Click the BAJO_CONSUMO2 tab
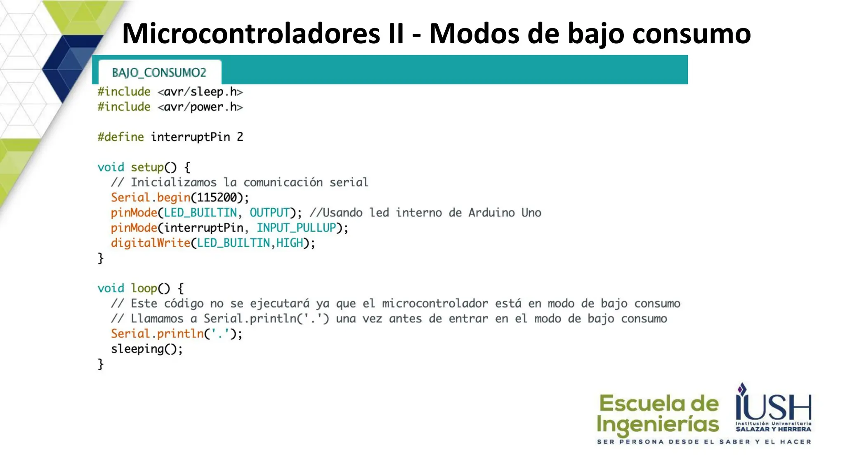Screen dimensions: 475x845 159,73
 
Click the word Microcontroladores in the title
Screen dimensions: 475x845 251,33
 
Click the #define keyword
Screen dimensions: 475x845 120,137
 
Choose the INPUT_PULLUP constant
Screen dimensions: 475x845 296,228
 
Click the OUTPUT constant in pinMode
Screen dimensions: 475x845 269,213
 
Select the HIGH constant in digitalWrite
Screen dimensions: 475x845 290,243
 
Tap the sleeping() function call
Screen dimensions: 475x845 146,349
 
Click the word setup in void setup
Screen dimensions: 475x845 147,167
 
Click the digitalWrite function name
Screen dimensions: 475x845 150,243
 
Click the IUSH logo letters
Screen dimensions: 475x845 774,406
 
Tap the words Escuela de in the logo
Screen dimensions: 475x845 659,403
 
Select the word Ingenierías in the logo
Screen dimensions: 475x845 658,425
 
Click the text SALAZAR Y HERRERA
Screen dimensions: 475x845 773,429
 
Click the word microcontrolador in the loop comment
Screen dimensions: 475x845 435,303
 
